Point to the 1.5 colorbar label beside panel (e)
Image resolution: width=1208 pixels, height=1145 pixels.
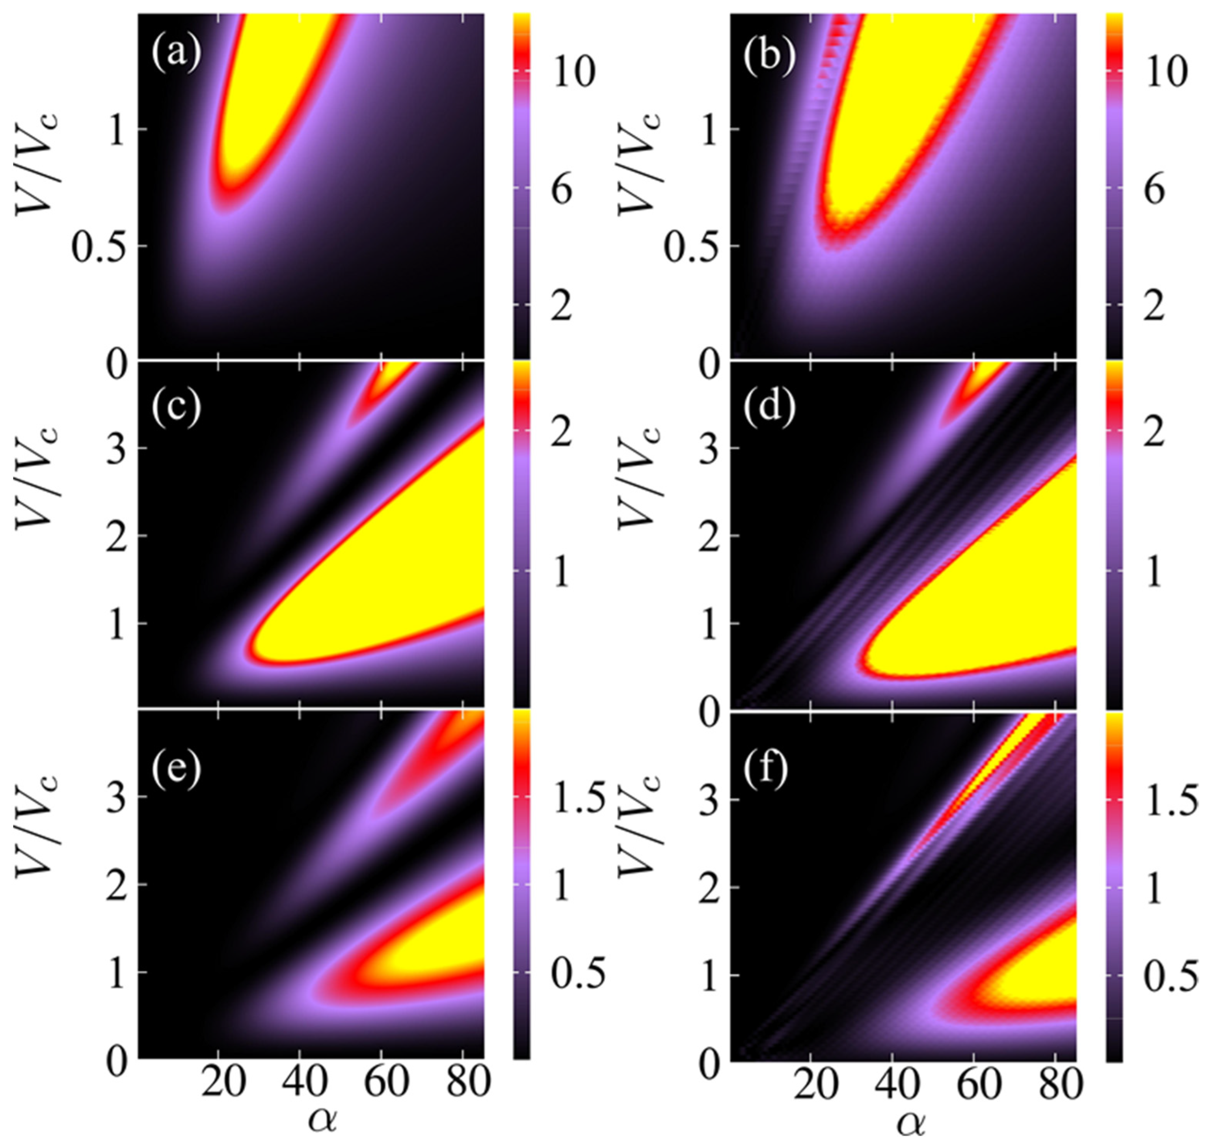coord(578,798)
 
